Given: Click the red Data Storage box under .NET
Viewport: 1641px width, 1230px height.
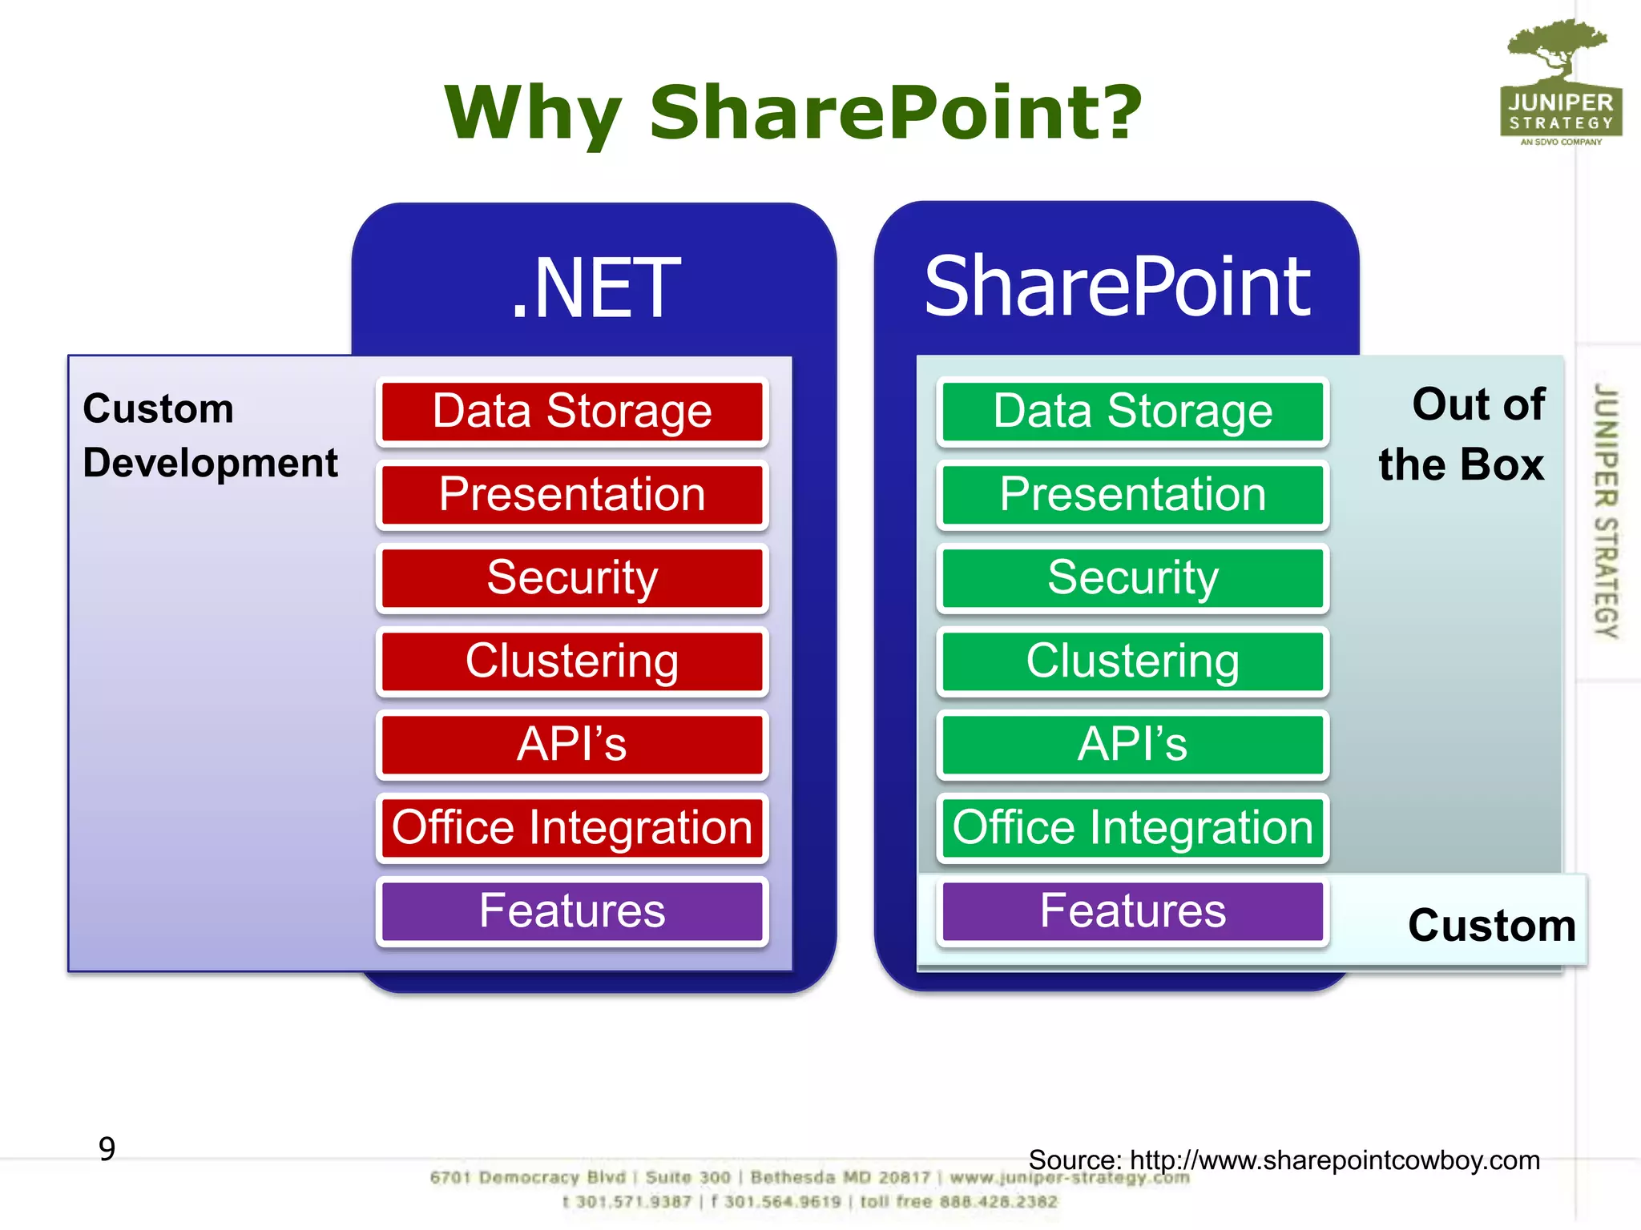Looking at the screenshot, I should tap(572, 412).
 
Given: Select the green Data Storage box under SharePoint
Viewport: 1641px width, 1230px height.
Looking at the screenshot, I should tap(1132, 412).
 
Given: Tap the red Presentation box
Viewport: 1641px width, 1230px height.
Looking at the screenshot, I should tap(572, 495).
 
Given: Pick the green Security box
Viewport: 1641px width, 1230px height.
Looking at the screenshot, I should tap(1132, 578).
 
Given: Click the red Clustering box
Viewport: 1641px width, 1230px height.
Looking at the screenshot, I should tap(572, 661).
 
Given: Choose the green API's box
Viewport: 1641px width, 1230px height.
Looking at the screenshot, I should tap(1132, 745).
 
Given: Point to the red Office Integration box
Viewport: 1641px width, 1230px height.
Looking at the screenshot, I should tap(572, 828).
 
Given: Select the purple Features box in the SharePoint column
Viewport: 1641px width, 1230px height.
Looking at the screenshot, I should tap(1132, 911).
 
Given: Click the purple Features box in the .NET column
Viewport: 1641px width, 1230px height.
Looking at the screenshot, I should tap(572, 911).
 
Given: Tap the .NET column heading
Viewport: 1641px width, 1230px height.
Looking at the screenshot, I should tap(595, 288).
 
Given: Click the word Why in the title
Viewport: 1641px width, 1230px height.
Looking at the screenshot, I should tap(534, 114).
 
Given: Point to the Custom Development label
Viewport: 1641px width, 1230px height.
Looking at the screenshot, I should tap(210, 436).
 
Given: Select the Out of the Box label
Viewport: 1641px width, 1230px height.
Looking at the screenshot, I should tap(1463, 434).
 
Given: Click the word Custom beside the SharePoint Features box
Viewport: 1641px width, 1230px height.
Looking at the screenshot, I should tap(1492, 926).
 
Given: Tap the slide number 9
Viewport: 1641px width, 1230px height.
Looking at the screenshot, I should tap(107, 1149).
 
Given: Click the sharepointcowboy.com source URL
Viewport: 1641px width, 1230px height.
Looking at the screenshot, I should tap(1334, 1160).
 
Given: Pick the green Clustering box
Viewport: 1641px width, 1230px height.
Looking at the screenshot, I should tap(1132, 661).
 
